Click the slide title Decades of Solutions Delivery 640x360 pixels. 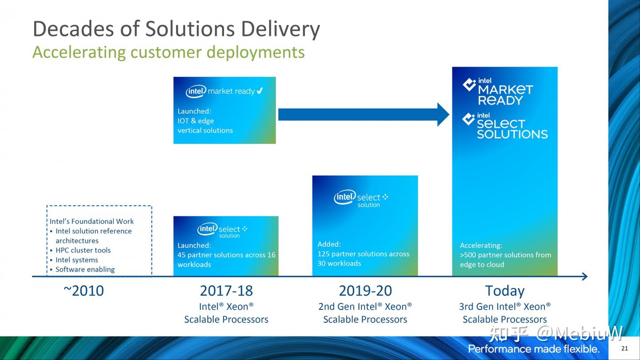coord(176,29)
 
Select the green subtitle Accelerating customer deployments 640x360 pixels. coord(168,52)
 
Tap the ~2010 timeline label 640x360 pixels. coord(84,291)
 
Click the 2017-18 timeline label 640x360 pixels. coord(226,291)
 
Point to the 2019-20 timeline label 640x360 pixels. coord(365,291)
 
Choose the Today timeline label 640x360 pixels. coord(504,291)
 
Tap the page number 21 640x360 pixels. coord(624,348)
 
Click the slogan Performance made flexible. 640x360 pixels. coord(534,348)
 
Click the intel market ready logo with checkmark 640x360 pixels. coord(224,91)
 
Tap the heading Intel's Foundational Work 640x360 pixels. coord(92,221)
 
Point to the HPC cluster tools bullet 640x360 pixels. coord(83,250)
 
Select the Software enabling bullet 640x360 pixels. coord(85,269)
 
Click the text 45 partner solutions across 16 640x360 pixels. coord(226,255)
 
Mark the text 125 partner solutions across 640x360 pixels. coord(363,254)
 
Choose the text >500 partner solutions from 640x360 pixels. coord(505,255)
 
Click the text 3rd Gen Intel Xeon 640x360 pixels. coord(504,307)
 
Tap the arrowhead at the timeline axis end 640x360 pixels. coord(584,276)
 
